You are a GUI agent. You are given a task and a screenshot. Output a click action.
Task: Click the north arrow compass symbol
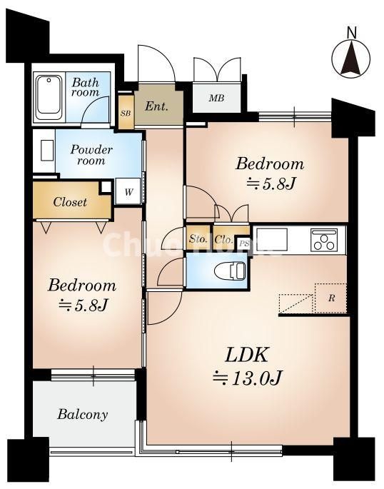(x=351, y=59)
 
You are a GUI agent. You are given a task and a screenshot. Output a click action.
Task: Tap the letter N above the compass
(x=352, y=32)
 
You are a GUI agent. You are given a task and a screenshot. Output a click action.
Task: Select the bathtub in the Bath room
(x=49, y=97)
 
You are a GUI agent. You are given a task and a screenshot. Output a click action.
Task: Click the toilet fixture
(x=230, y=271)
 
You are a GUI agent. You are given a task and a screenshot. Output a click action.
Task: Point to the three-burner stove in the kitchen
(x=324, y=240)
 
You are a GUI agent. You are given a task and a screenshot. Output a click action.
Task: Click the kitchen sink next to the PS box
(x=271, y=239)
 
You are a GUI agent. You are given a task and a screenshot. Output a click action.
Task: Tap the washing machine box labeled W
(x=128, y=191)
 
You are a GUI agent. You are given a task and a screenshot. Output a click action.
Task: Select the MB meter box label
(x=216, y=98)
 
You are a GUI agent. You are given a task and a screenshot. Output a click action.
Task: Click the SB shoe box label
(x=126, y=114)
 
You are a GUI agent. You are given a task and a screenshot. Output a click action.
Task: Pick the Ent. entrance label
(x=156, y=106)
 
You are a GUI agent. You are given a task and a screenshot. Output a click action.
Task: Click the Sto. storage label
(x=198, y=239)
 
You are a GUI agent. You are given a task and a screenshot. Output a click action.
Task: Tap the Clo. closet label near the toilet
(x=224, y=239)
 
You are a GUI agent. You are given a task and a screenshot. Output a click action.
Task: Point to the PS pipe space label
(x=244, y=243)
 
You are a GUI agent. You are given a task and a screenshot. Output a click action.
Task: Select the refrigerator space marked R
(x=330, y=298)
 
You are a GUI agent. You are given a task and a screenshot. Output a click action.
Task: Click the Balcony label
(x=83, y=415)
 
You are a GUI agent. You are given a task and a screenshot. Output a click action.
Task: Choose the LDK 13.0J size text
(x=247, y=378)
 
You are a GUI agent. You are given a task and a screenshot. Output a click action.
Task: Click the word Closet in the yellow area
(x=70, y=202)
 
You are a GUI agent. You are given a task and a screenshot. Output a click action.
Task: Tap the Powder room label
(x=91, y=155)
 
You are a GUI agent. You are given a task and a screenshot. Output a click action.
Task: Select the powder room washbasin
(x=47, y=151)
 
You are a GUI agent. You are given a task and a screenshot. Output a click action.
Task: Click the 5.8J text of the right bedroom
(x=271, y=183)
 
